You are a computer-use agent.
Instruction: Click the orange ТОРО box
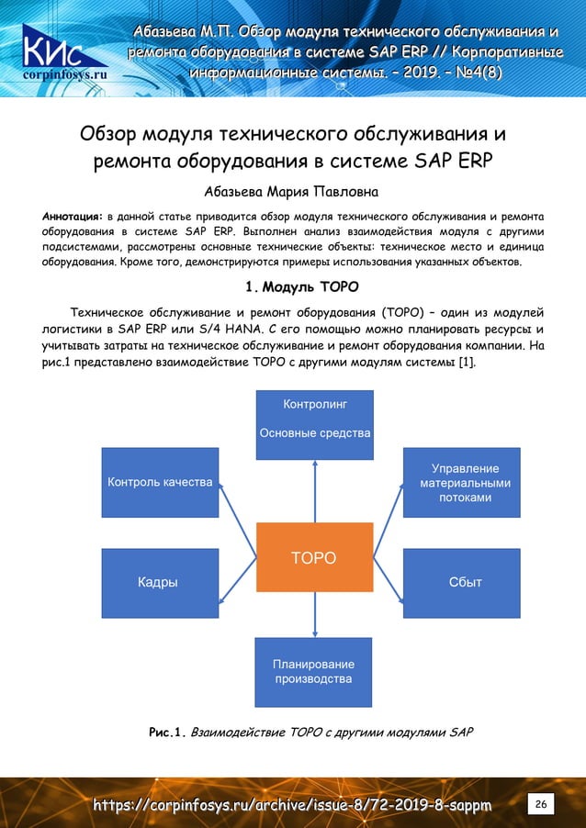tap(314, 557)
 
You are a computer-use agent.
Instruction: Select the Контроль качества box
tap(160, 482)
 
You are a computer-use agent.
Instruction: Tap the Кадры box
tap(160, 582)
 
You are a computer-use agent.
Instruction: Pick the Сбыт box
tap(461, 582)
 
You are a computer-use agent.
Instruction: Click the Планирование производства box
tap(314, 671)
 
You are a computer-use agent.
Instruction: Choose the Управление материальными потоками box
tap(461, 482)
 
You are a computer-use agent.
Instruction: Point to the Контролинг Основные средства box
tap(314, 423)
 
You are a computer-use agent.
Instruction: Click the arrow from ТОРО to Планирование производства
tap(314, 613)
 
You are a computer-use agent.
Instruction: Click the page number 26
tap(541, 805)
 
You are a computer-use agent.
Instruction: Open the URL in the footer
tap(292, 805)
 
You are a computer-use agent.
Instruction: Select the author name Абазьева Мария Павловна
tap(293, 193)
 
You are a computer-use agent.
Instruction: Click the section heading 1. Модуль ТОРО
tap(293, 285)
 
